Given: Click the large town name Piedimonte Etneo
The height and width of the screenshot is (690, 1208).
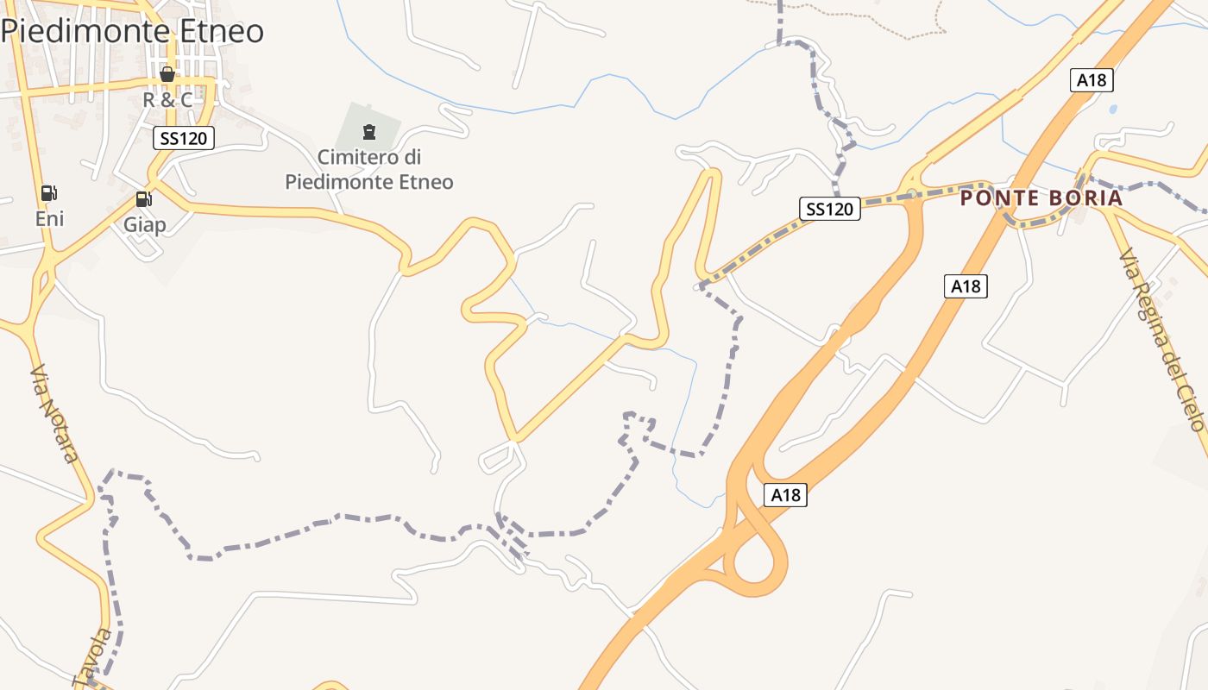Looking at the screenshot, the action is [x=132, y=31].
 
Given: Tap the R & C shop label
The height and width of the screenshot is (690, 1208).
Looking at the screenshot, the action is [x=167, y=100].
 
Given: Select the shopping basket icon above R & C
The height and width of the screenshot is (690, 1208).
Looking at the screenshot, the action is [x=167, y=75].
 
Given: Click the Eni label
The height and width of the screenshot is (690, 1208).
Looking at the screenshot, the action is [x=49, y=219].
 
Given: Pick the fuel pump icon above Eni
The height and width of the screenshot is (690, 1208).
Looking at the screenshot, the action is [x=49, y=193].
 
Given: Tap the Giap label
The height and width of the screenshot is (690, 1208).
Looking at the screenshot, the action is [x=144, y=225].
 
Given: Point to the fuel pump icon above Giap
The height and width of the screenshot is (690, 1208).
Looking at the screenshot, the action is [x=143, y=199].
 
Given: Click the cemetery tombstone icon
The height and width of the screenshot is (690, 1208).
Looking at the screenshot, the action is [x=369, y=132].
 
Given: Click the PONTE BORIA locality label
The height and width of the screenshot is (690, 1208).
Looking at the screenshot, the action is [x=1041, y=198].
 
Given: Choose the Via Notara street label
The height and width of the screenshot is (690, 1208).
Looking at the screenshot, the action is [x=54, y=414].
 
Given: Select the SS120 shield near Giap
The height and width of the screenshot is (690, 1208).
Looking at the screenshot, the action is [x=183, y=137].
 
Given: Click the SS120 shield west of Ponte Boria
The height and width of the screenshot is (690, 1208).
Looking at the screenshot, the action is [x=829, y=208].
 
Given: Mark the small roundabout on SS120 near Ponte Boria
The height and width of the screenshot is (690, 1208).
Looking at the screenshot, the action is [x=911, y=192].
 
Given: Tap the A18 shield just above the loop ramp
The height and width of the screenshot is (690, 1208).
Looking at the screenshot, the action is [x=785, y=495].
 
